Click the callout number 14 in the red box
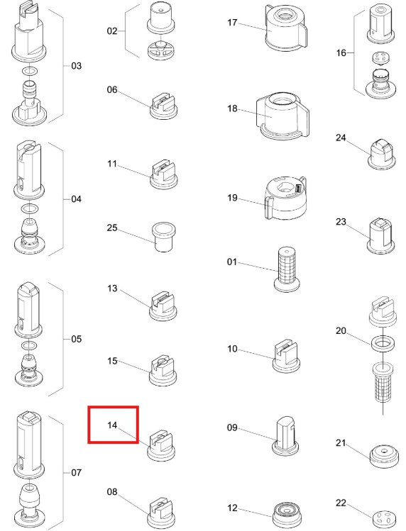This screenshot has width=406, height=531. point(112,425)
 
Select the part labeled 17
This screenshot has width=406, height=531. point(287,28)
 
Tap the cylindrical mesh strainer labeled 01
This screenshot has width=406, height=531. point(287,269)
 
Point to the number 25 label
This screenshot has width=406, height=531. point(112,228)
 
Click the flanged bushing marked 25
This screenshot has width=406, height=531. point(163,237)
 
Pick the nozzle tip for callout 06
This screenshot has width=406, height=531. point(163,106)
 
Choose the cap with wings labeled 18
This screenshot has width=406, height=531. point(283,116)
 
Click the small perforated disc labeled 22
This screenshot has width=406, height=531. point(384,518)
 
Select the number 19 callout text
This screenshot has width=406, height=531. point(232,198)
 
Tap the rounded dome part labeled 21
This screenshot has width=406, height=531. point(384,456)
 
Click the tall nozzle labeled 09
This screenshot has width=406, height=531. point(286,436)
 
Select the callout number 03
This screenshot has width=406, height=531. point(77,66)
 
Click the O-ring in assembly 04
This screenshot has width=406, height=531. point(30,208)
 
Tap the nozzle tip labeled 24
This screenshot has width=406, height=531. point(382,155)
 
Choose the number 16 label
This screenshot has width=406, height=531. point(341,53)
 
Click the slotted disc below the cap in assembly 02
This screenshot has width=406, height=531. point(162,50)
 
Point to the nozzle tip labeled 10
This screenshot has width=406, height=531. point(286,356)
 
